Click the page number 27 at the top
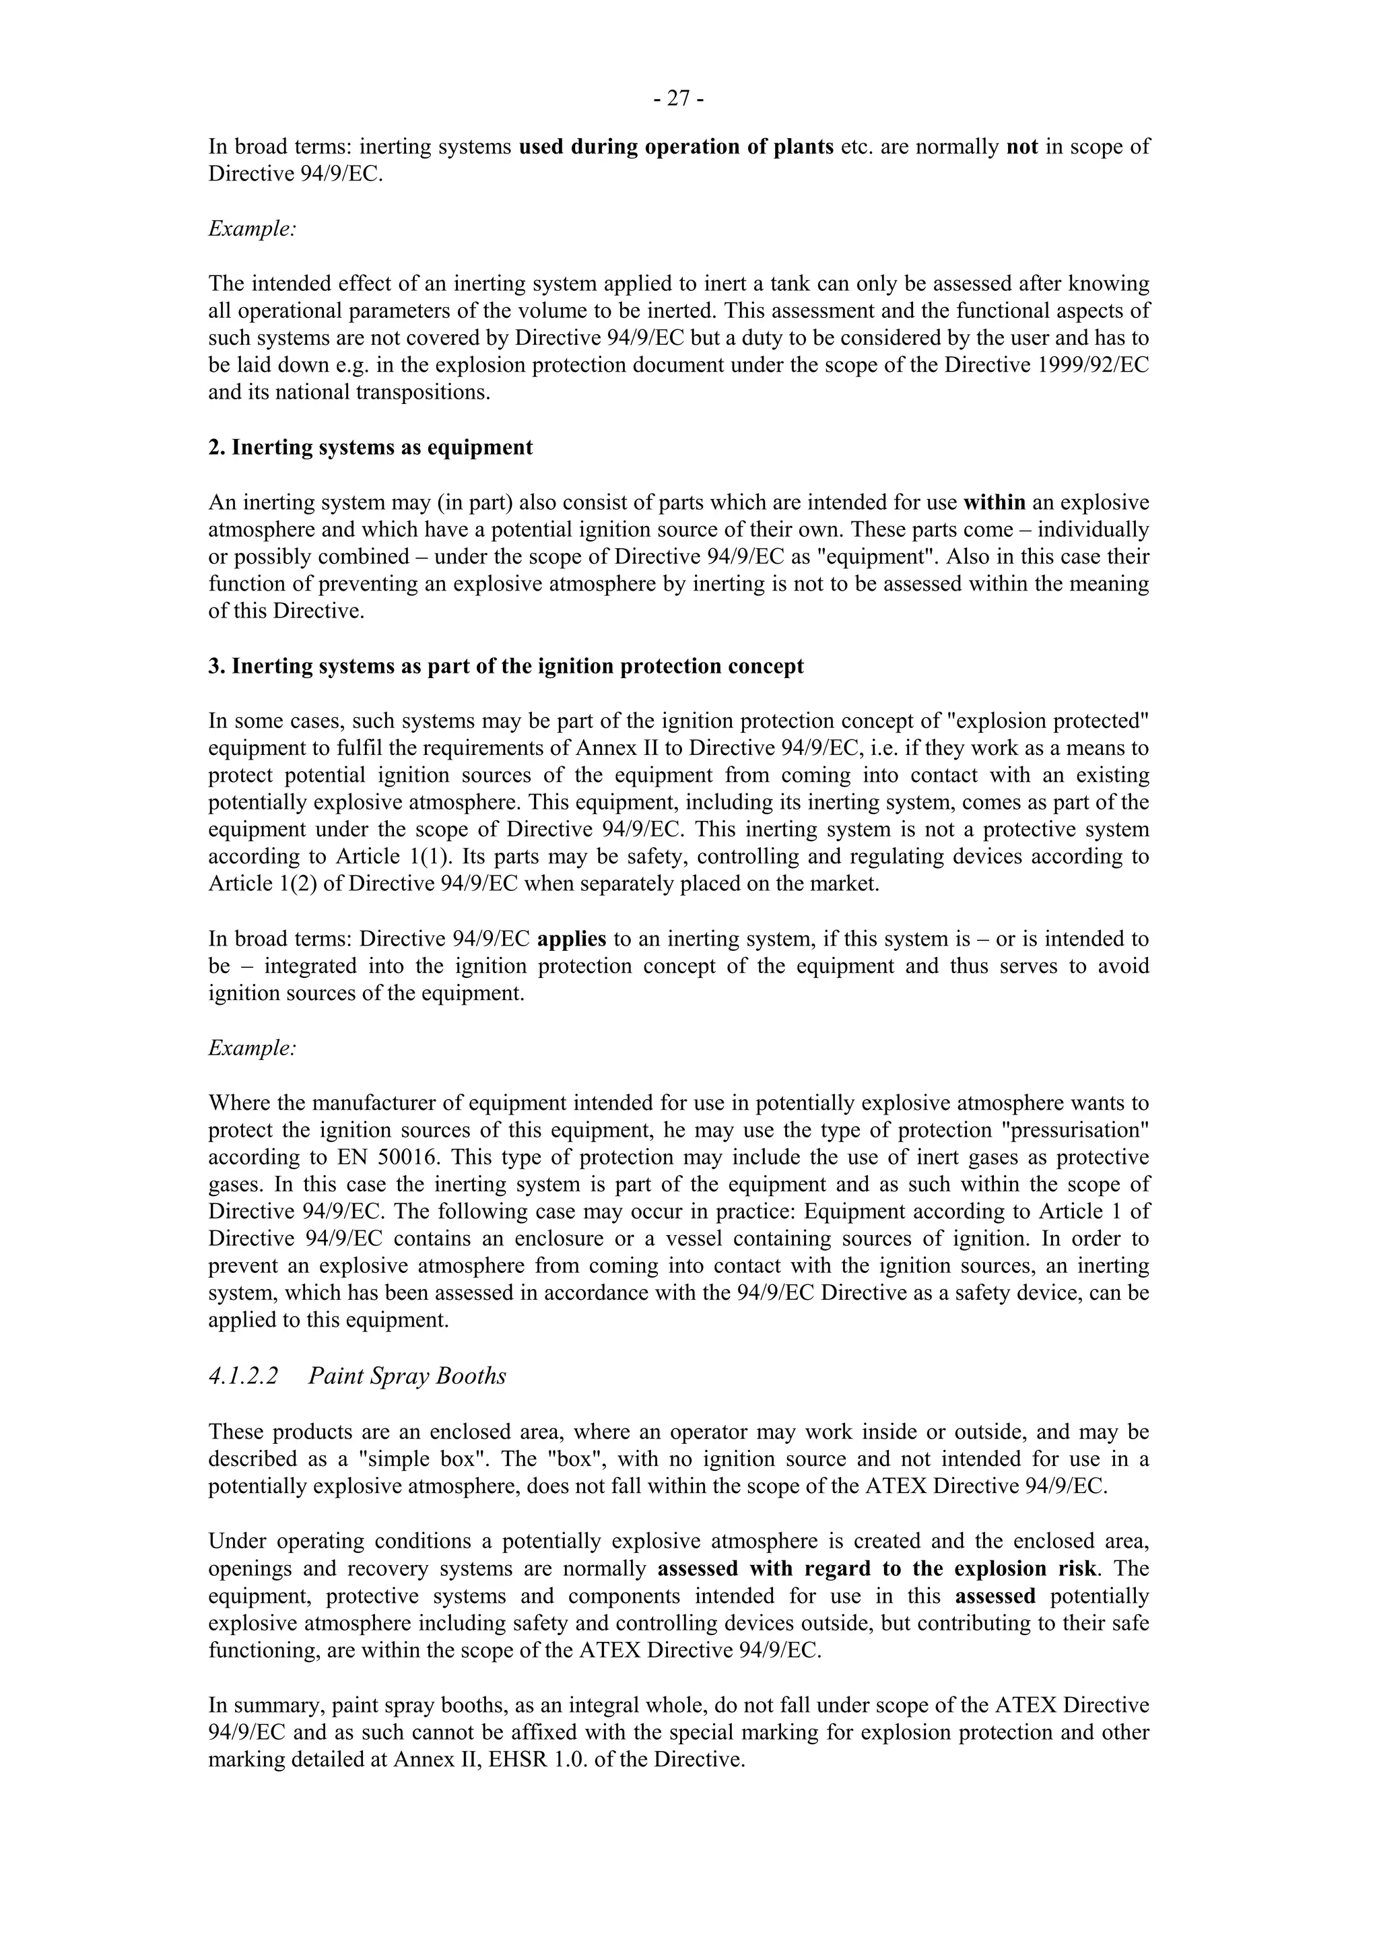(x=679, y=100)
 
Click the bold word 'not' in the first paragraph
(x=1022, y=146)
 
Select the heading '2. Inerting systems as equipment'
(x=370, y=447)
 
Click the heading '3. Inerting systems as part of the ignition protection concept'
(x=506, y=665)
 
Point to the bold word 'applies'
(x=572, y=939)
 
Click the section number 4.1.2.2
(x=243, y=1376)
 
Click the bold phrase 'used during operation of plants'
(x=676, y=146)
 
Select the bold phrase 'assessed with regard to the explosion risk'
(x=875, y=1568)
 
